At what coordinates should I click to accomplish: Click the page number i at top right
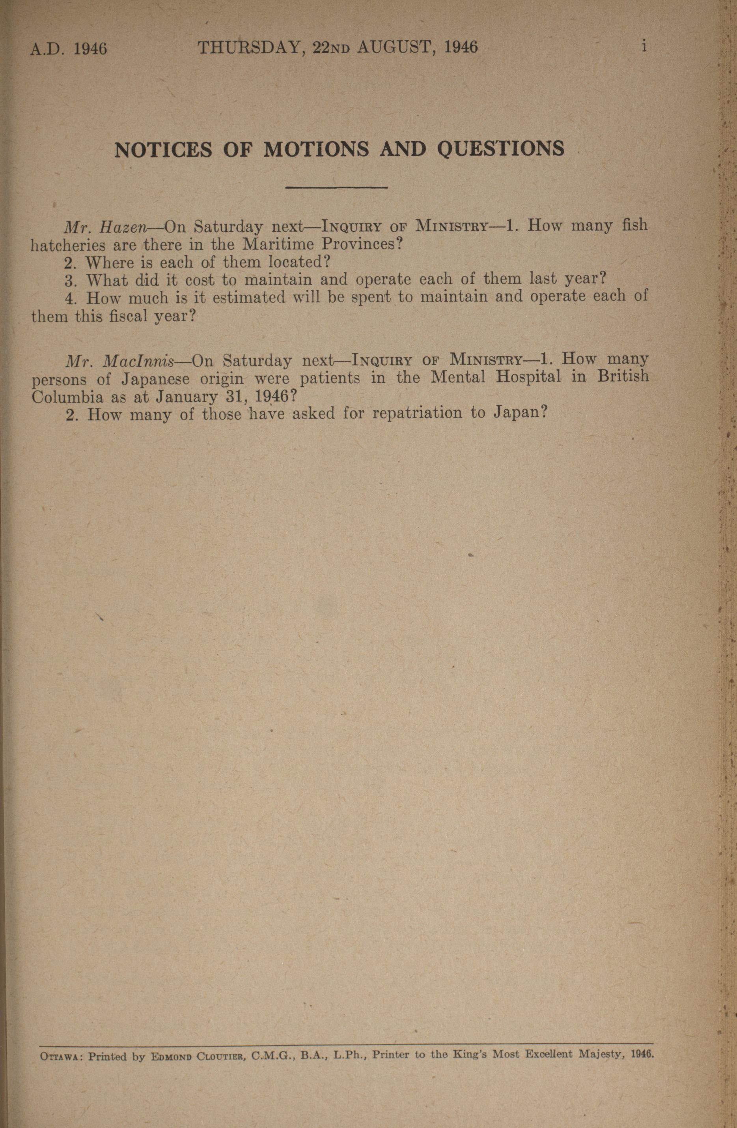(644, 47)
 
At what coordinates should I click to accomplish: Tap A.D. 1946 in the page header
(69, 48)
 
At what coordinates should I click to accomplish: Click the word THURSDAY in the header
(249, 47)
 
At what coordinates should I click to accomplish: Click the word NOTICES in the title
(163, 150)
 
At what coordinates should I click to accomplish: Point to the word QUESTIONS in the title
(501, 149)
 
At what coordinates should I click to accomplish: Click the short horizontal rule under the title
(336, 188)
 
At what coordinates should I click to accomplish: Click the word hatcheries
(68, 245)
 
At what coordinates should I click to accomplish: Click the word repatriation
(417, 413)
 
